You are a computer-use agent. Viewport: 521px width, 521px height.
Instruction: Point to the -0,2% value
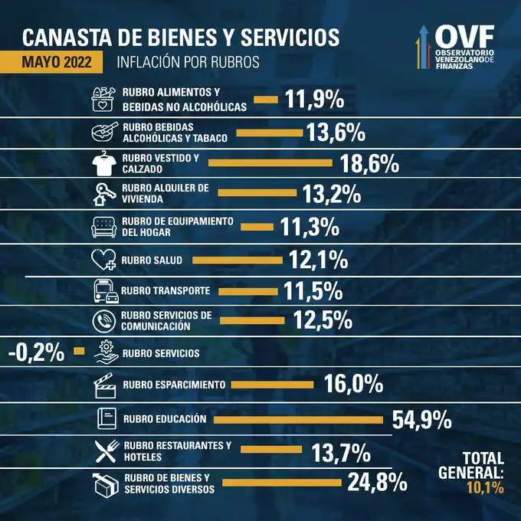pyautogui.click(x=36, y=352)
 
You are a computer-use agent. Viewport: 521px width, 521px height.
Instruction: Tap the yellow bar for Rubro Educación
pyautogui.click(x=297, y=419)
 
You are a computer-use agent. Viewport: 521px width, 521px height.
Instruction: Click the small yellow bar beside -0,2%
pyautogui.click(x=79, y=352)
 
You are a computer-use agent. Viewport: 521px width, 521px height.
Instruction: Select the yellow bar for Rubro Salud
pyautogui.click(x=238, y=260)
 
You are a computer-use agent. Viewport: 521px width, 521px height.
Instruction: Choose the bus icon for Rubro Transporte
pyautogui.click(x=105, y=290)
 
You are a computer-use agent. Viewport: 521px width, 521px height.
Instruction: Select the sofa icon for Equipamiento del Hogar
pyautogui.click(x=105, y=226)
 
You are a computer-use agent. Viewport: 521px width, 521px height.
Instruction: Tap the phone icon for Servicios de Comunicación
pyautogui.click(x=104, y=321)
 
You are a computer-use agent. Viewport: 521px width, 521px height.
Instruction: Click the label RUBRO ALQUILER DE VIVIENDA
pyautogui.click(x=159, y=194)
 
